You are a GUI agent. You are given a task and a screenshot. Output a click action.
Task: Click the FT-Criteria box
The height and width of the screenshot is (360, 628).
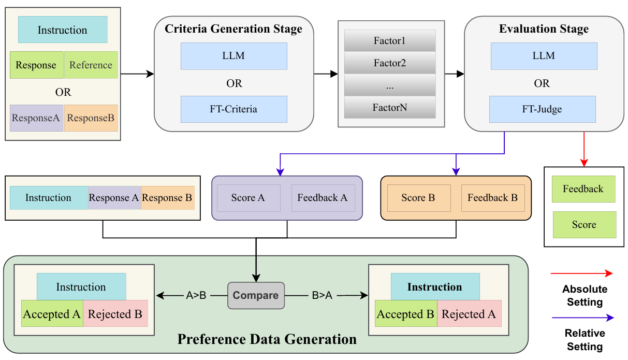[x=233, y=109]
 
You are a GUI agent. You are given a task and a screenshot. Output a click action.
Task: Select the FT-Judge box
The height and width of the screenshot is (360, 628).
[x=543, y=109]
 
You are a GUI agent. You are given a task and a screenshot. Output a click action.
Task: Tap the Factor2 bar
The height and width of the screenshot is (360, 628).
[x=390, y=63]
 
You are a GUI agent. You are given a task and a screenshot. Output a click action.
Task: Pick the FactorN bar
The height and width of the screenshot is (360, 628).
[x=390, y=108]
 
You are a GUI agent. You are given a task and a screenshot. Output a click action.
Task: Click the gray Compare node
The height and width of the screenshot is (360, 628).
[x=256, y=295]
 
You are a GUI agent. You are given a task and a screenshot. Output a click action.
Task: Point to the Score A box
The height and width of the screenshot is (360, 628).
[x=249, y=198]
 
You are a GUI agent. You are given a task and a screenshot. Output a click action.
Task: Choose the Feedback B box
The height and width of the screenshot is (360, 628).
[x=492, y=198]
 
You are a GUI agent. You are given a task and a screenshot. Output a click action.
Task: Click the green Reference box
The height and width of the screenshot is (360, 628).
[x=91, y=65]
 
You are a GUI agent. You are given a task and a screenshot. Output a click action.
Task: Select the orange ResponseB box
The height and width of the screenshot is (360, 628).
[x=91, y=118]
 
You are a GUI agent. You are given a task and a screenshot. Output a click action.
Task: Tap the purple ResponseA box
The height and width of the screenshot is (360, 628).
[x=36, y=118]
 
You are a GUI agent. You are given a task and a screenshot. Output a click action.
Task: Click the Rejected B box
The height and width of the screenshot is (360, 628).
[x=115, y=314]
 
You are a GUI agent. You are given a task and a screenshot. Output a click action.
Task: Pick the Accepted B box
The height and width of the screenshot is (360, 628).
[x=405, y=314]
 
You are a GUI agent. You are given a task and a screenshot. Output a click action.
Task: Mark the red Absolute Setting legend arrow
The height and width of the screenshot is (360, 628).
[x=581, y=273]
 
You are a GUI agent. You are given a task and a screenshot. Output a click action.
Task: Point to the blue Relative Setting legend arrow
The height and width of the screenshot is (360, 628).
[x=581, y=318]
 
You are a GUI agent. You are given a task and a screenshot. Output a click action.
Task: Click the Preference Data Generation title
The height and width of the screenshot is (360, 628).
[x=267, y=339]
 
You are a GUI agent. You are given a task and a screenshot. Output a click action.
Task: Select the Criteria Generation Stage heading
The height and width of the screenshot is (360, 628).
[x=233, y=29]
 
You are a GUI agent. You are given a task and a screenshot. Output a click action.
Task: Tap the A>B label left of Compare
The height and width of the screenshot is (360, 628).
[x=196, y=296]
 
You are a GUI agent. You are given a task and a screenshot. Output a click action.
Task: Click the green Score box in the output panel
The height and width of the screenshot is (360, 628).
[x=584, y=225]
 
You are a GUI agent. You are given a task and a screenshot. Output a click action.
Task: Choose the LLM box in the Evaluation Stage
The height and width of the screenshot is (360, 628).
[x=544, y=56]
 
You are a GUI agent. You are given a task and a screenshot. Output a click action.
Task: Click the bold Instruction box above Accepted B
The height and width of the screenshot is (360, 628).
[x=435, y=287]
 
